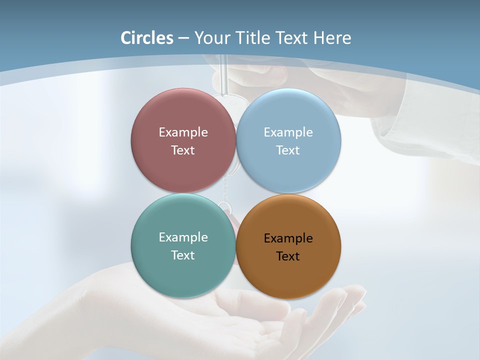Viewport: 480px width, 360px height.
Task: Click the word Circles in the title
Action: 146,38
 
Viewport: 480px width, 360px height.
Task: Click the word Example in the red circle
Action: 183,132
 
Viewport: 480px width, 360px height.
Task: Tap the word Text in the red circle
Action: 183,150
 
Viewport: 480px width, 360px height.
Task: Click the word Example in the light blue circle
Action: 288,132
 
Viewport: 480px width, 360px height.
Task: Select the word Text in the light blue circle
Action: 288,150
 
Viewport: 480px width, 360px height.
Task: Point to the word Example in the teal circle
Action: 183,237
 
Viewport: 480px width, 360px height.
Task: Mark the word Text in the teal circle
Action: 183,255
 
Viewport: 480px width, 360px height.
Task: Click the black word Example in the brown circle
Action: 288,238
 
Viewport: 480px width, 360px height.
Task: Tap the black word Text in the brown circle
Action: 288,256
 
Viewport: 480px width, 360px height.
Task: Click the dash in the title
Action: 183,38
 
